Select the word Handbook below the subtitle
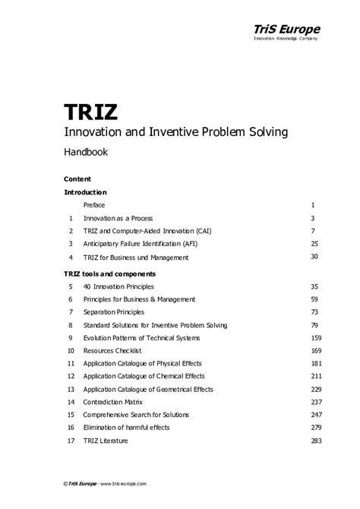(x=85, y=152)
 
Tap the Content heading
(x=77, y=179)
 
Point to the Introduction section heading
(x=85, y=193)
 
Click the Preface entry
(x=94, y=206)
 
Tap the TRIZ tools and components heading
(x=109, y=273)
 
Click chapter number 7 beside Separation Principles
(x=70, y=312)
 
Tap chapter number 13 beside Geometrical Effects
(x=71, y=389)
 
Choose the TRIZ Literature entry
(x=106, y=441)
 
